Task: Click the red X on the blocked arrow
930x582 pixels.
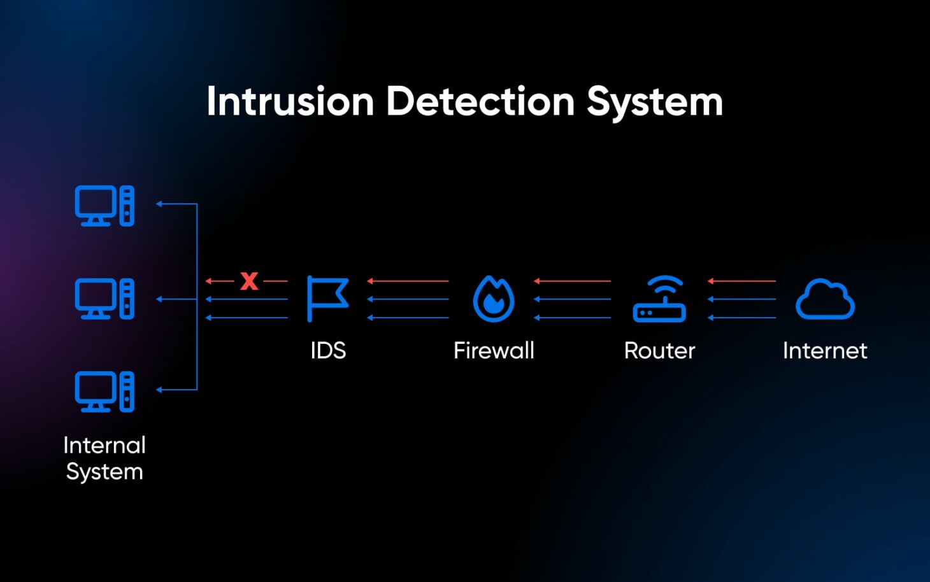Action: (249, 281)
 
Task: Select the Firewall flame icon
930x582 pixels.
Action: (494, 299)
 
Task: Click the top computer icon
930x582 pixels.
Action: (104, 206)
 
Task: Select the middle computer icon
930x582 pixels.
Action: (104, 299)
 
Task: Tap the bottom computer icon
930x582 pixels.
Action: (104, 391)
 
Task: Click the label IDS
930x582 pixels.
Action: (328, 351)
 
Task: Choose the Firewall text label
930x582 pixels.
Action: (494, 351)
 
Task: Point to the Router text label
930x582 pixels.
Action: (659, 351)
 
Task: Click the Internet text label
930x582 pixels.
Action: (825, 351)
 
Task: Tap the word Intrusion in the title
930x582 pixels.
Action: (290, 102)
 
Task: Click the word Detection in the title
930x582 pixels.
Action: (480, 102)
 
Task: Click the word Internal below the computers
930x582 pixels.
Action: (104, 445)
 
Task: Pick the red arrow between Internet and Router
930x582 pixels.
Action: (741, 281)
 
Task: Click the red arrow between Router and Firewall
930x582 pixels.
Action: (572, 281)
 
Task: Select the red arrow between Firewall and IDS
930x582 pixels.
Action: (408, 281)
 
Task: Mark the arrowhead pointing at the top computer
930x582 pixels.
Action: (160, 204)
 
